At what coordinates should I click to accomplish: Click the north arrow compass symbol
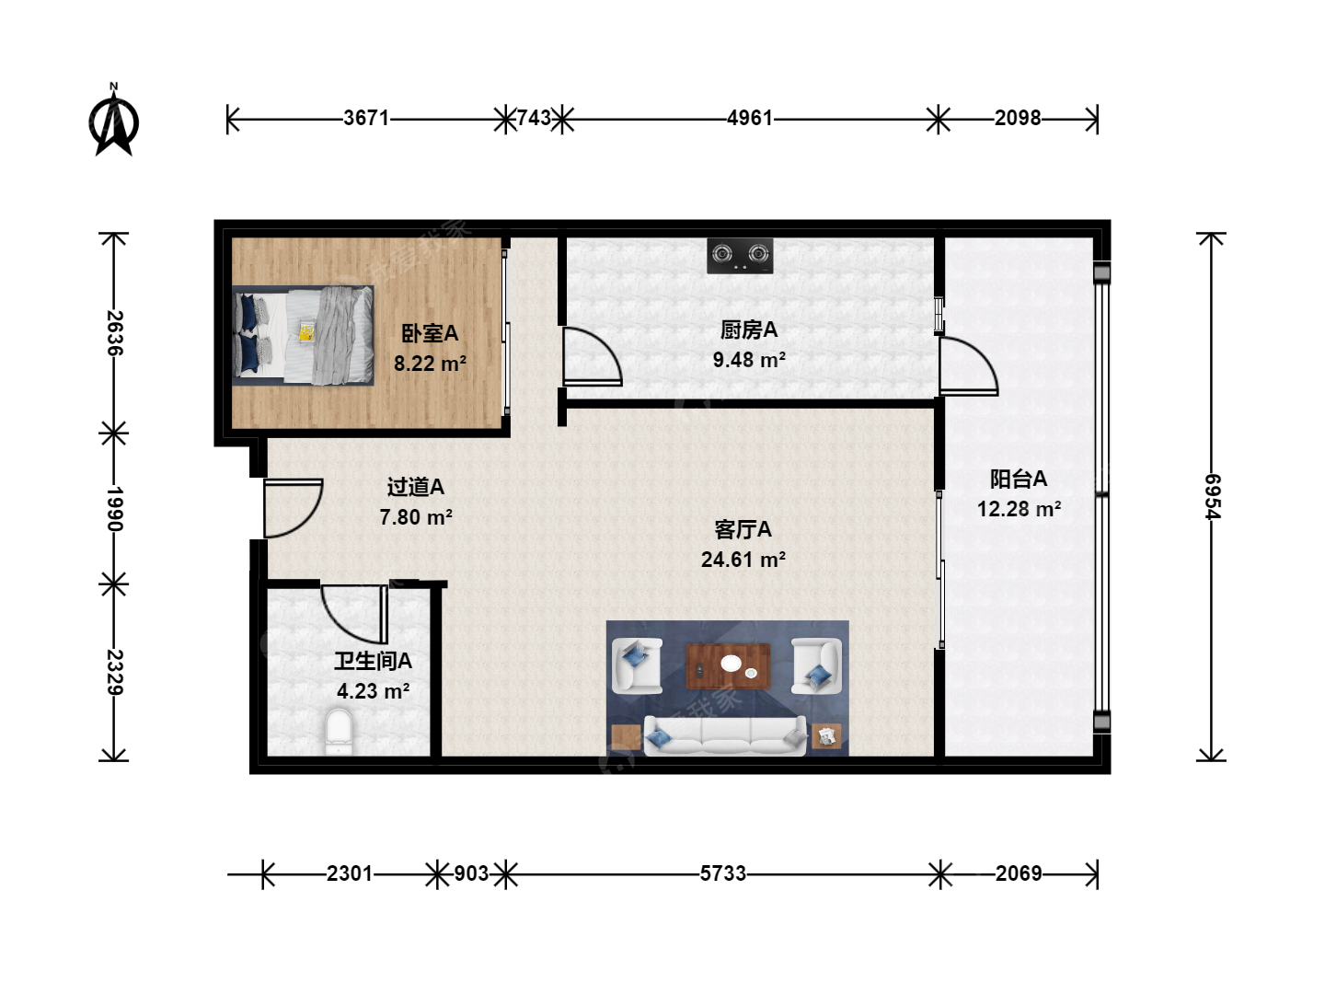pyautogui.click(x=114, y=121)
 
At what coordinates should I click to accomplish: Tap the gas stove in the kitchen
pyautogui.click(x=740, y=256)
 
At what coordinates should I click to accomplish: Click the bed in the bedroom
pyautogui.click(x=303, y=336)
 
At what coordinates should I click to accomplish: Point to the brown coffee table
pyautogui.click(x=728, y=666)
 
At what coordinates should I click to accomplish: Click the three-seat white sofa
pyautogui.click(x=725, y=735)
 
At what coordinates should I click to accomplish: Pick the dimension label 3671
pyautogui.click(x=366, y=118)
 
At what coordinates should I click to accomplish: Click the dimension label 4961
pyautogui.click(x=750, y=118)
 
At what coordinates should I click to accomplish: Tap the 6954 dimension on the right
pyautogui.click(x=1212, y=497)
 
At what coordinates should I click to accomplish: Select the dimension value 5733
pyautogui.click(x=723, y=873)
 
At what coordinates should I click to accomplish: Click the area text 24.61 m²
pyautogui.click(x=743, y=560)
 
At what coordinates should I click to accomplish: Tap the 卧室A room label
pyautogui.click(x=430, y=333)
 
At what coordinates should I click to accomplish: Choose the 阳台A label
pyautogui.click(x=1019, y=479)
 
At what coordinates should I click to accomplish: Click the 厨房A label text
pyautogui.click(x=748, y=329)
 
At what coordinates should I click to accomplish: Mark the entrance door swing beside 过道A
pyautogui.click(x=294, y=508)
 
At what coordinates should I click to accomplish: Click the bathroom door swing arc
pyautogui.click(x=354, y=615)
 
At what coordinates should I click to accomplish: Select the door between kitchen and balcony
pyautogui.click(x=968, y=366)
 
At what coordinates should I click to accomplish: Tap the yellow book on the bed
pyautogui.click(x=307, y=331)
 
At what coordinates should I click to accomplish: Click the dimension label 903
pyautogui.click(x=471, y=873)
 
